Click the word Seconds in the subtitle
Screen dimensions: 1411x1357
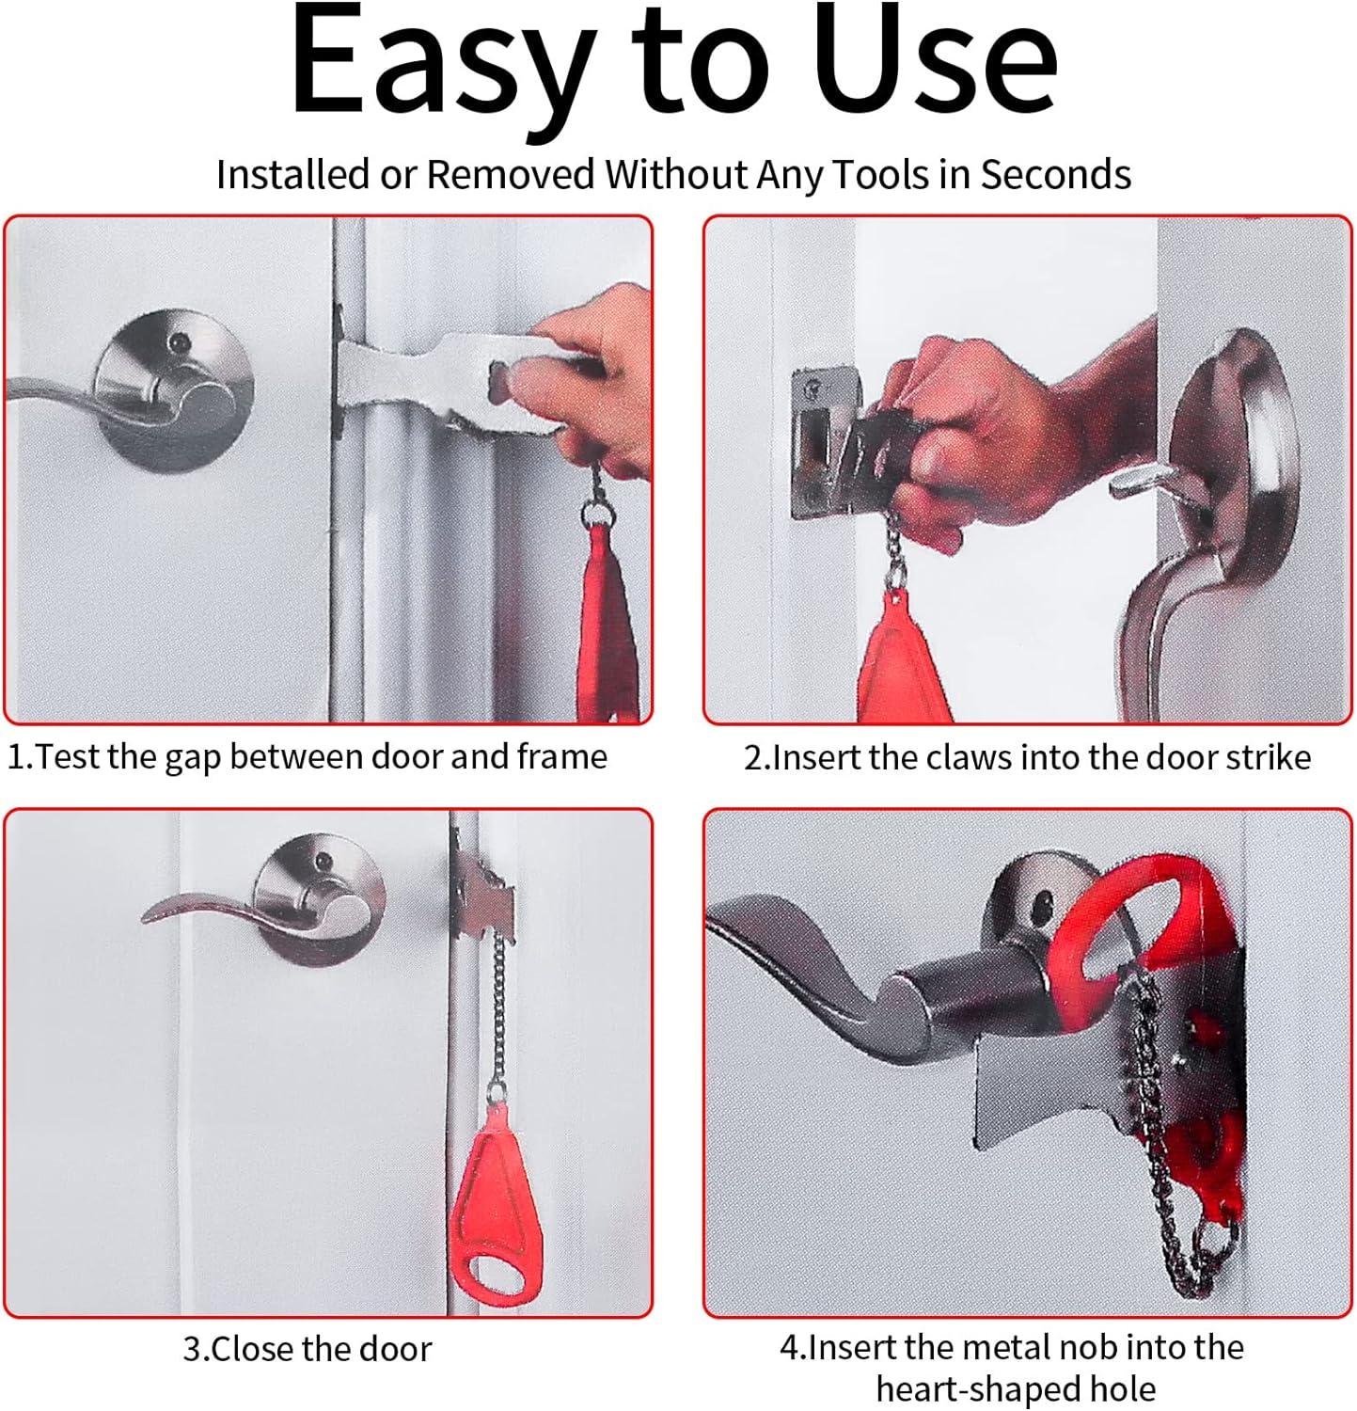pyautogui.click(x=1055, y=175)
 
